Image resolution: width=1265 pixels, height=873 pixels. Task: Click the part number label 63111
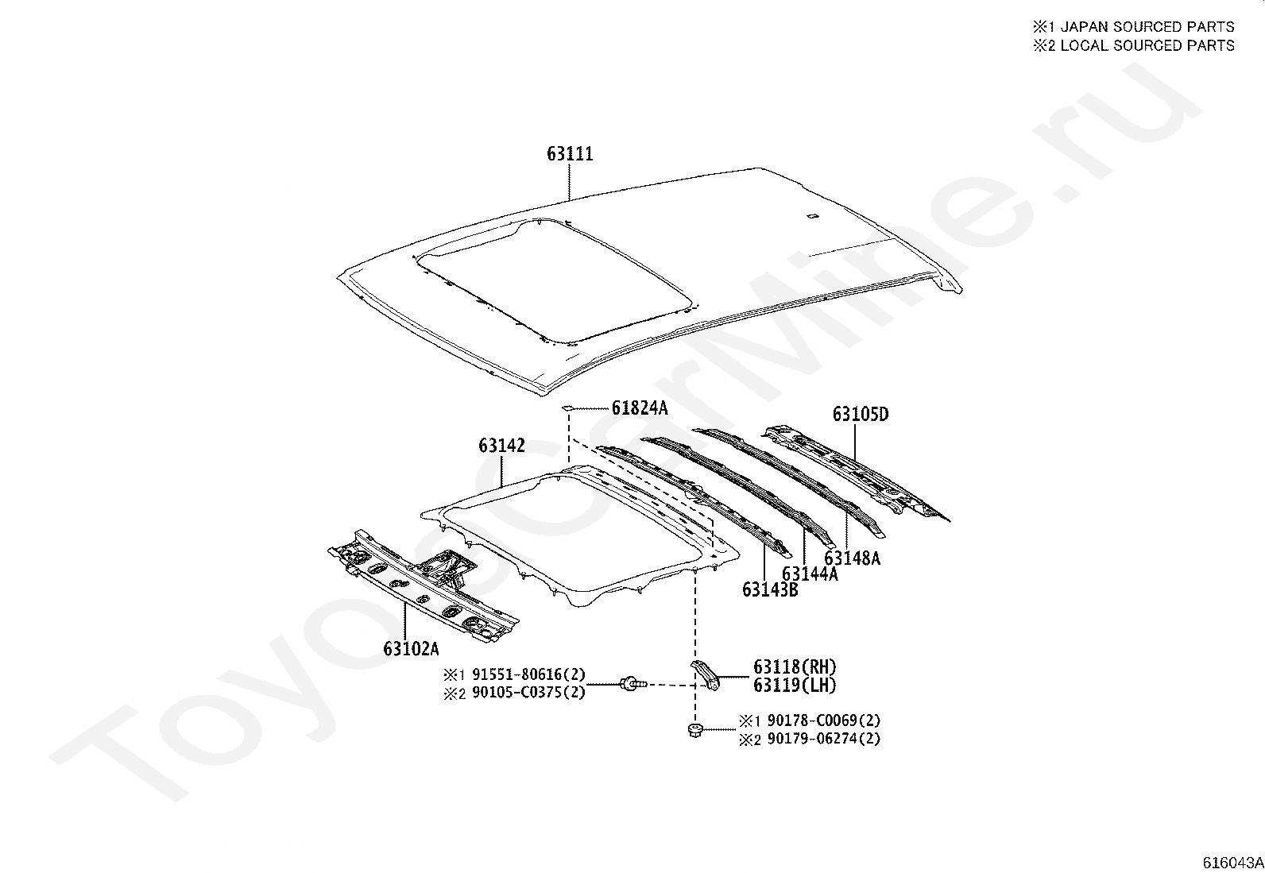pos(570,153)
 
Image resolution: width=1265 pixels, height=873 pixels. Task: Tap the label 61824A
pos(640,408)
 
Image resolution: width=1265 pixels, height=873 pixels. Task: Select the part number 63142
pos(501,446)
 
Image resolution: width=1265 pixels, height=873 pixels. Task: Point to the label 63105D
pos(861,414)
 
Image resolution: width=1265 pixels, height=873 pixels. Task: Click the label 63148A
pos(852,558)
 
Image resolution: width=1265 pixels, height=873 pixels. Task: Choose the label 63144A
pos(810,574)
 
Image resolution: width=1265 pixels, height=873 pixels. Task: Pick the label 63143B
pos(770,589)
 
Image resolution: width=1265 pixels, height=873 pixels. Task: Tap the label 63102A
pos(411,648)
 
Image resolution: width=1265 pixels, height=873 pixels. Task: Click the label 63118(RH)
pos(795,667)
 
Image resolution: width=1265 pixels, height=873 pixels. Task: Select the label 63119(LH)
pos(795,685)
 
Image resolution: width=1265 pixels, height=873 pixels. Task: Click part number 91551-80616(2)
pos(528,674)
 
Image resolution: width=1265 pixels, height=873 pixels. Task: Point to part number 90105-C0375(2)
pos(528,692)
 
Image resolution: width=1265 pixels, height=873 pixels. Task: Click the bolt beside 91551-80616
pos(632,682)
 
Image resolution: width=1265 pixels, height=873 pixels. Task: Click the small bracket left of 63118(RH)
pos(705,673)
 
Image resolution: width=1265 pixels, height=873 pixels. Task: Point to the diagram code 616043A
pos(1232,863)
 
